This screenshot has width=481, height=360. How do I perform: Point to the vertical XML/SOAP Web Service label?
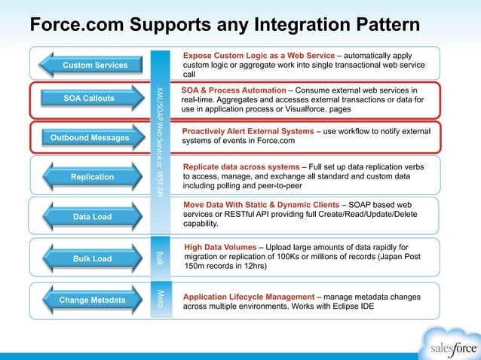pyautogui.click(x=160, y=143)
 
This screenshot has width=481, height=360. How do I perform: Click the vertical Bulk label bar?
pyautogui.click(x=160, y=258)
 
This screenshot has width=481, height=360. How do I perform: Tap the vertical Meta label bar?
pyautogui.click(x=160, y=300)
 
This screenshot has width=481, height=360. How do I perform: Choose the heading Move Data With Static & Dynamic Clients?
pyautogui.click(x=261, y=204)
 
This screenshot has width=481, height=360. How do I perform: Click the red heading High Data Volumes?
pyautogui.click(x=219, y=247)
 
